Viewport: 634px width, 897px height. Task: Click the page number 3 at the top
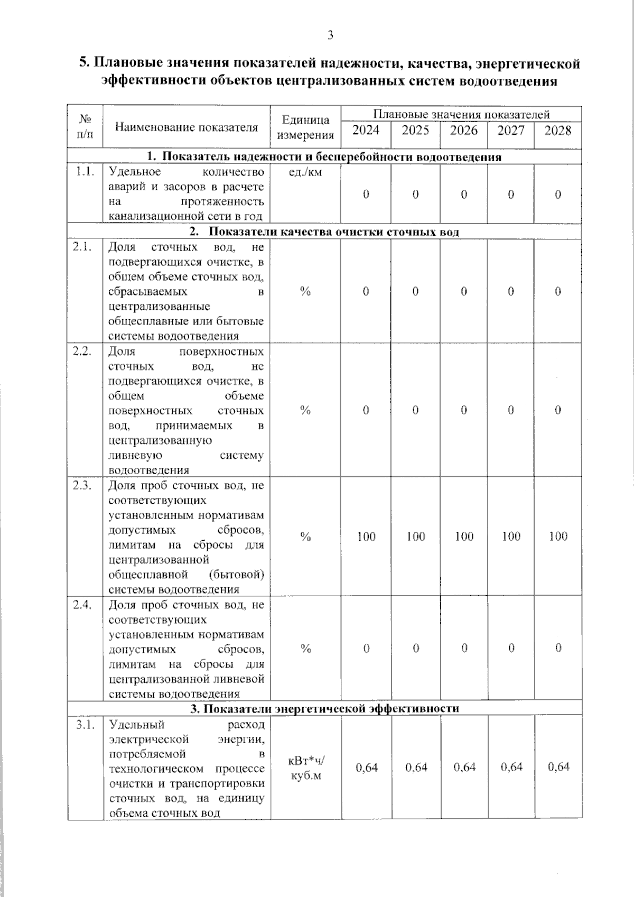coord(330,35)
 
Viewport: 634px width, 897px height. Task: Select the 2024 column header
coord(366,130)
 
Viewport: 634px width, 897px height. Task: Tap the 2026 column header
coord(463,130)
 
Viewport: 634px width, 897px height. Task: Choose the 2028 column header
coord(557,130)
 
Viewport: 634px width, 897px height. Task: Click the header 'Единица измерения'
coord(305,128)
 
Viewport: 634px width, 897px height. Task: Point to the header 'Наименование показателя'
coord(187,127)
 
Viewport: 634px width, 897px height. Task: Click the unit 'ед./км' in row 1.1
coord(305,172)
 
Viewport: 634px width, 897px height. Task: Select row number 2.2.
coord(85,352)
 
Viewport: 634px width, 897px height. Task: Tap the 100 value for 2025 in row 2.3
coord(416,537)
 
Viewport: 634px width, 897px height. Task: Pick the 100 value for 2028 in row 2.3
coord(558,537)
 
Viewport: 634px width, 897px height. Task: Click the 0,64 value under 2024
coord(366,767)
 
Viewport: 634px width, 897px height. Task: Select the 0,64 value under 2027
coord(511,767)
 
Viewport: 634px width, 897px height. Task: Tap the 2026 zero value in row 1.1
coord(464,195)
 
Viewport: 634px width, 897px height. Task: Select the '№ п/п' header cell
coord(85,127)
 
